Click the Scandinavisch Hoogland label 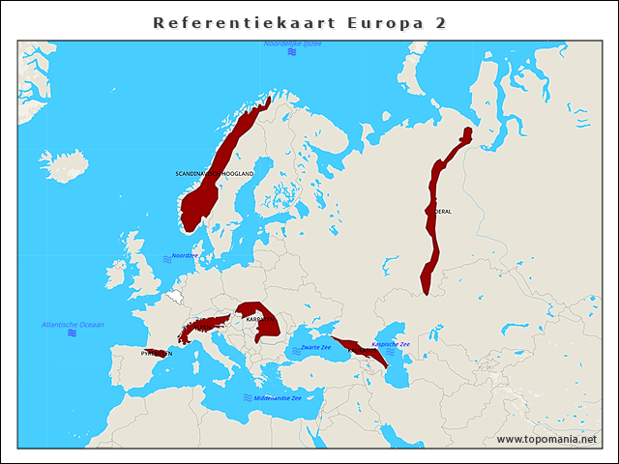215,173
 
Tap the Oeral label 443,211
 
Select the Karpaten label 259,318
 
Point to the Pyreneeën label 157,354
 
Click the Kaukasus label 360,351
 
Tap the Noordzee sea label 184,256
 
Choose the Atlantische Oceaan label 73,324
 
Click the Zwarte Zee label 315,346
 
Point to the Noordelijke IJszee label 293,44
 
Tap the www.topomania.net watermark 546,440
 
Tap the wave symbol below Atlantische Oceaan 73,333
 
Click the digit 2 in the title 440,22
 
